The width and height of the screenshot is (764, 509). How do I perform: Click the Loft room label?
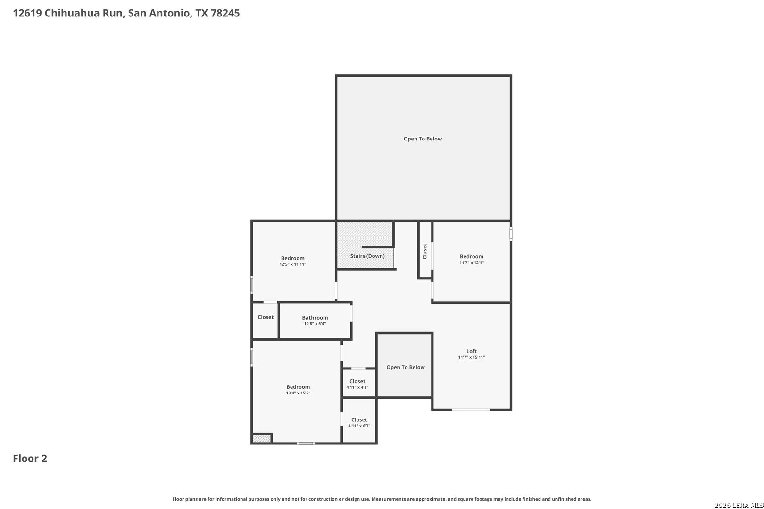[471, 351]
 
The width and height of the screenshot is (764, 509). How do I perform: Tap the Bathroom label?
[315, 318]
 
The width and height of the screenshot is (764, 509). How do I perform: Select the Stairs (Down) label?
[367, 256]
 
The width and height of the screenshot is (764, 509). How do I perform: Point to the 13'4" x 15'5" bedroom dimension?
[298, 393]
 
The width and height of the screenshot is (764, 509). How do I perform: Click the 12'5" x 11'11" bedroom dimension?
[293, 264]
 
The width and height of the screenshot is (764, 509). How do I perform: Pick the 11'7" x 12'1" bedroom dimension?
[471, 263]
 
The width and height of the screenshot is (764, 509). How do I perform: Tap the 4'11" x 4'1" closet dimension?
[357, 387]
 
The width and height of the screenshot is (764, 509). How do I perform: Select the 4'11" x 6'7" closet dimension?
[359, 426]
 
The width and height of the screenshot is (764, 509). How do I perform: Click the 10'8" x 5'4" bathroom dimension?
[315, 324]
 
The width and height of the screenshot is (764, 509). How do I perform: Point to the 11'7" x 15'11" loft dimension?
[471, 357]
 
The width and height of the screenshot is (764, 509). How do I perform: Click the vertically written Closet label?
[424, 251]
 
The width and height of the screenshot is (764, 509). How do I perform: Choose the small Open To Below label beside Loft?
[405, 367]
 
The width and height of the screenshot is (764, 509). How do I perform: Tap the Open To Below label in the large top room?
[423, 139]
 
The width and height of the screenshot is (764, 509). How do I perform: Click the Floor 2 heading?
[30, 459]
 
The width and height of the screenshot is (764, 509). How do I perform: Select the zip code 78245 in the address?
[225, 13]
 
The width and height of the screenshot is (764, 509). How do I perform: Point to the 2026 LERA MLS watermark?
[739, 505]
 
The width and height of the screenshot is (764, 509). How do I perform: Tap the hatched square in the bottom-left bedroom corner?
[262, 439]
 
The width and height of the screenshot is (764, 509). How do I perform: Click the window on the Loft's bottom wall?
[471, 410]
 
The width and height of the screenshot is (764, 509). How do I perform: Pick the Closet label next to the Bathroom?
[266, 317]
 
